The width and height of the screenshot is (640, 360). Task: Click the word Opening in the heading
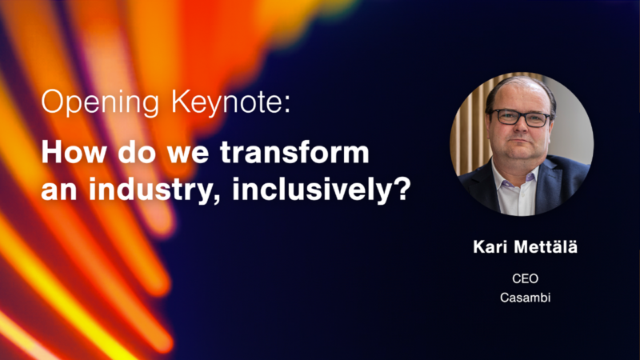pos(99,102)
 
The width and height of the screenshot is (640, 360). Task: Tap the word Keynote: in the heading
pos(230,102)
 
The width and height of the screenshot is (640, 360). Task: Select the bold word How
pos(74,152)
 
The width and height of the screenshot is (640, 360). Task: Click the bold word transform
pos(294,152)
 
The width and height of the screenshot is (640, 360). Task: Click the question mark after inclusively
pos(403,188)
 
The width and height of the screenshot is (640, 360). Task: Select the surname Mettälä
pos(546,247)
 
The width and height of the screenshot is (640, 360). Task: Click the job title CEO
pos(526,278)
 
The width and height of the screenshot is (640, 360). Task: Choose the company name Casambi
pos(526,298)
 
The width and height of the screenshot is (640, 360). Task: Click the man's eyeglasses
pos(521,118)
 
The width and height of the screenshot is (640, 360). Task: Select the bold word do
pos(137,152)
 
